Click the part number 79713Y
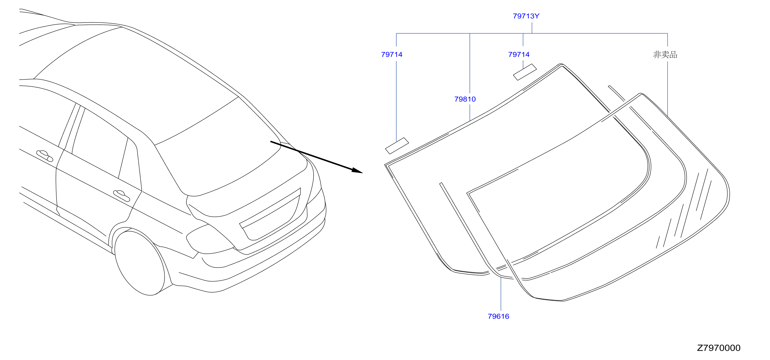pos(526,16)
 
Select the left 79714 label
pos(392,54)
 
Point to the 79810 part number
pos(465,99)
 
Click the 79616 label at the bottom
pos(498,316)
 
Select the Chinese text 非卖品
pos(665,54)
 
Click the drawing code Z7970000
pos(719,348)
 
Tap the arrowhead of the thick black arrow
pos(357,171)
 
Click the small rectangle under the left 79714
pos(397,146)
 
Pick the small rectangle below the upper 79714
pos(525,72)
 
